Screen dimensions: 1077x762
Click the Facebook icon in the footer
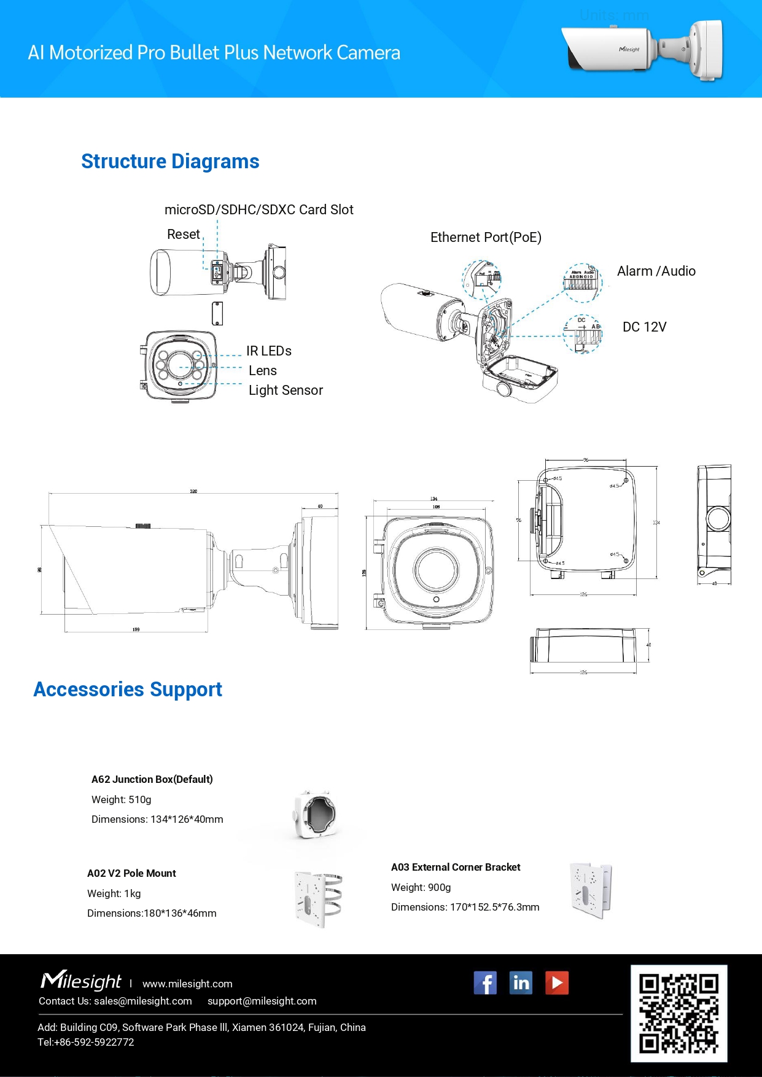point(485,983)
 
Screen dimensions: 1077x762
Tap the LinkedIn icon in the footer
point(521,983)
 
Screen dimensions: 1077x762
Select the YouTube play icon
point(557,983)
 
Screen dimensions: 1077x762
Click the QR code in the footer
point(678,1013)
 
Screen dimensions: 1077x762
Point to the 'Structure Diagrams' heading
point(170,161)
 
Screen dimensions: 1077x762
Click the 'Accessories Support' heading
point(128,690)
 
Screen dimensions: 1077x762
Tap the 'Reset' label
point(183,235)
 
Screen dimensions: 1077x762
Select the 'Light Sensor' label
point(286,391)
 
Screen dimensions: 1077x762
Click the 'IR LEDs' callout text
point(269,351)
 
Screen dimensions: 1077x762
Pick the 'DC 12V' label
point(644,327)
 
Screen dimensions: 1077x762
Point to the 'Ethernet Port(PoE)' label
point(486,238)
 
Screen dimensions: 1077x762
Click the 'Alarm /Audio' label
point(656,271)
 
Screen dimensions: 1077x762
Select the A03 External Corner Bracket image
point(591,890)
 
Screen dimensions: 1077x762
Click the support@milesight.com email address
point(262,1001)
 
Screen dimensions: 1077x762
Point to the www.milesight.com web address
point(187,984)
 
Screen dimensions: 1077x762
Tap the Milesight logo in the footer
point(81,981)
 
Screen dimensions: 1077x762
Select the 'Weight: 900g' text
point(421,888)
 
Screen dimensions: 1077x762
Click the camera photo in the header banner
point(642,50)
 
